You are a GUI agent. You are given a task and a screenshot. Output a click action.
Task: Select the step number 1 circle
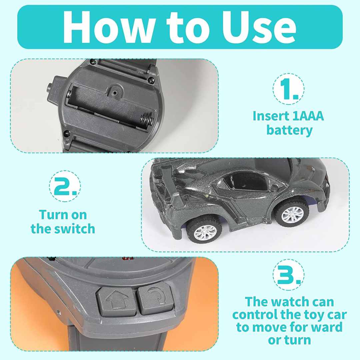point(289,89)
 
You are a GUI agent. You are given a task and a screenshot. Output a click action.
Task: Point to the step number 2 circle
point(65,186)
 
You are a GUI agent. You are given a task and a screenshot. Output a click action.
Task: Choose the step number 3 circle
point(289,275)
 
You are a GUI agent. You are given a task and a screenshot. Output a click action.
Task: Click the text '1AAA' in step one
point(308,116)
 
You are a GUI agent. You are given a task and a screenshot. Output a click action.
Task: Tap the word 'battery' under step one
point(289,130)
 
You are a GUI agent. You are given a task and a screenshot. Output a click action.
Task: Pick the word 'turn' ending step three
point(298,340)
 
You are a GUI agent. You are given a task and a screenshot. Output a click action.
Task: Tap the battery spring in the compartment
point(147,119)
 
